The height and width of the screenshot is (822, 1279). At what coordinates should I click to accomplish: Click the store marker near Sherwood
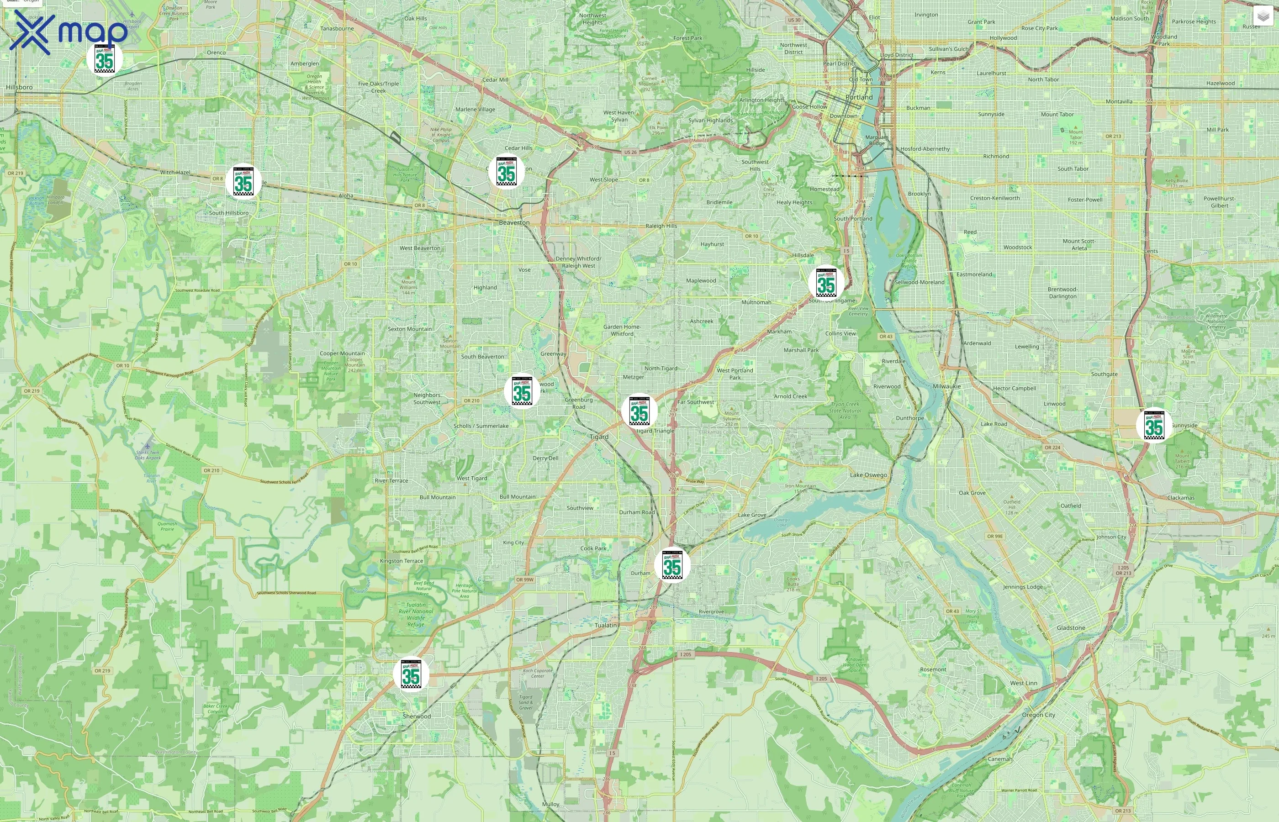coord(411,674)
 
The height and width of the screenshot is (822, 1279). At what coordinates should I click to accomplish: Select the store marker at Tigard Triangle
coord(639,411)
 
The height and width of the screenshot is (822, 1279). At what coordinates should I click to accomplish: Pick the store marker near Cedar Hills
coord(506,172)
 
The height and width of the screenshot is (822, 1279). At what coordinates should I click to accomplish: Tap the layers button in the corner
coord(1263,16)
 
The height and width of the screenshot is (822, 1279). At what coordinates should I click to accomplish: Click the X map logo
coord(69,32)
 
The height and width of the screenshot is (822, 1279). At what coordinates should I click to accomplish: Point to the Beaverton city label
coord(514,222)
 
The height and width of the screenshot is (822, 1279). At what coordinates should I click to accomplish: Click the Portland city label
coord(859,97)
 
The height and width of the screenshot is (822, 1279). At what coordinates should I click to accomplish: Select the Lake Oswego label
coord(868,474)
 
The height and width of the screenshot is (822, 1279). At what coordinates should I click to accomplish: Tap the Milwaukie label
coord(946,386)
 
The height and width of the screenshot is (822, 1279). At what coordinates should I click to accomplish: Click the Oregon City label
coord(1038,715)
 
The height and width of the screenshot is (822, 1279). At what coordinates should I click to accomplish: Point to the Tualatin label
coord(605,625)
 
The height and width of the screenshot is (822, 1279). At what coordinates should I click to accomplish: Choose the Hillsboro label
coord(19,87)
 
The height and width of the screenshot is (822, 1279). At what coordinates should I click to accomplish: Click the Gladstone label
coord(1071,628)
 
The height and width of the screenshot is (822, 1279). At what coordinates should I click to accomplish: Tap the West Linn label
coord(1023,683)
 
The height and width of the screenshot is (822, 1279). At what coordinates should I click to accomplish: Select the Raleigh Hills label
coord(661,226)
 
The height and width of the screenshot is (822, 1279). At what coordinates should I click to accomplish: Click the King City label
coord(513,543)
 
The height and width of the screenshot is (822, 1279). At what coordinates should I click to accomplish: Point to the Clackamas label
coord(1180,497)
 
